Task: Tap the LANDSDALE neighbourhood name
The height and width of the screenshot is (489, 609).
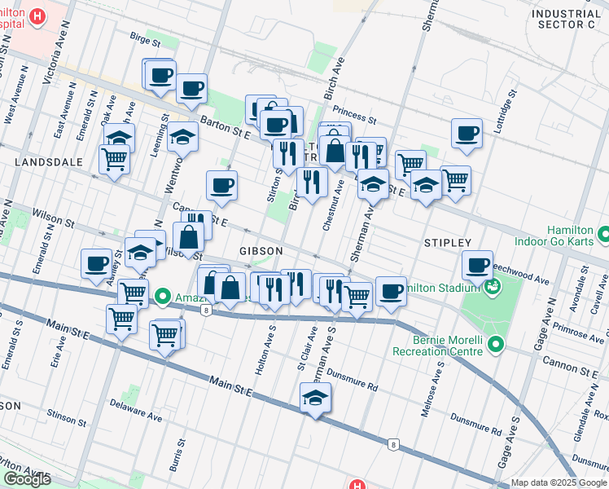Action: pyautogui.click(x=48, y=162)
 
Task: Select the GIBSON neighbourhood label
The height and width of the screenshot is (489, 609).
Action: pyautogui.click(x=261, y=250)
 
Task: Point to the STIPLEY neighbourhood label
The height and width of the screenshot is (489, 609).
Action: pyautogui.click(x=448, y=243)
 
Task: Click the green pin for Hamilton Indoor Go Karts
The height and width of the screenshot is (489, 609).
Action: pyautogui.click(x=602, y=236)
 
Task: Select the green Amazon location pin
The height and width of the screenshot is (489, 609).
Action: pyautogui.click(x=162, y=296)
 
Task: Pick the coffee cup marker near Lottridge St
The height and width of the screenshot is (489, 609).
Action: pyautogui.click(x=467, y=133)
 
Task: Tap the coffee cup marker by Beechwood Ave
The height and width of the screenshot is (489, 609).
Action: pyautogui.click(x=477, y=265)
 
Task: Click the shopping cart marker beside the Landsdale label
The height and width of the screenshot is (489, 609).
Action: pyautogui.click(x=114, y=158)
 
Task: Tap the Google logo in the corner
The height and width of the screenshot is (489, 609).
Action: pyautogui.click(x=27, y=479)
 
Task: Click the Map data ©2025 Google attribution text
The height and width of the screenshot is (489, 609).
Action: pyautogui.click(x=559, y=482)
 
